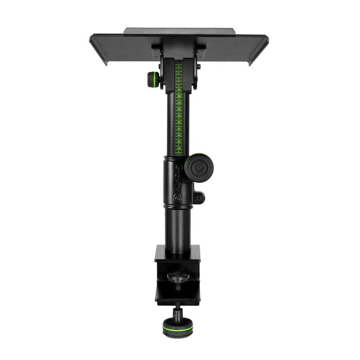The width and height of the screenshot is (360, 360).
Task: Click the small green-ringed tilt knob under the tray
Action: tap(154, 80)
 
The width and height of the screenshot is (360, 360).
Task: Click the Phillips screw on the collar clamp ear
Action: tap(198, 197)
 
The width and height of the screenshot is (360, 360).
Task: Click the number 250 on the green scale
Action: tap(179, 90)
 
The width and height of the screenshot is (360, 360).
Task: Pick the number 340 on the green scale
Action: tap(179, 148)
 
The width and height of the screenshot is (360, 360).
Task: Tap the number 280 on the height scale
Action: tap(179, 109)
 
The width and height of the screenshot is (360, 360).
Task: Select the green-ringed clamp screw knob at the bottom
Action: tap(176, 328)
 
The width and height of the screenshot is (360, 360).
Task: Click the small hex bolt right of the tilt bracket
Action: tap(198, 67)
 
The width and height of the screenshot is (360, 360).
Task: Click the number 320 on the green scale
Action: tap(179, 135)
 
